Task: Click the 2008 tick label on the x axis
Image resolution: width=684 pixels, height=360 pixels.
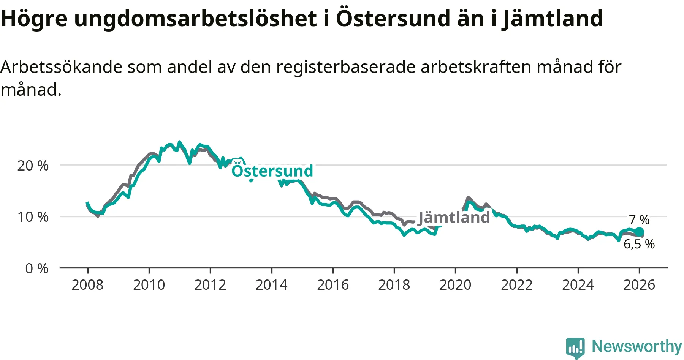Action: tap(87, 285)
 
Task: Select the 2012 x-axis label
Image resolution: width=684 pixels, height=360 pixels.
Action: tap(210, 285)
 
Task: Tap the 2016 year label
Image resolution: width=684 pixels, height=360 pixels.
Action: tap(333, 285)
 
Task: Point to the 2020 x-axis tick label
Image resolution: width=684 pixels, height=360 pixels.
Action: tap(455, 285)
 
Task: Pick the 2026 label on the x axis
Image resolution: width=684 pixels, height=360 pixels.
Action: tap(639, 285)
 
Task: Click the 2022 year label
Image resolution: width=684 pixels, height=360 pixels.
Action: tap(517, 285)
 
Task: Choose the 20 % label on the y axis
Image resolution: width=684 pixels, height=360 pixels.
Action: tap(33, 166)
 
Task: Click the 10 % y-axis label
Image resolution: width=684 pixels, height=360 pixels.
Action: tap(33, 217)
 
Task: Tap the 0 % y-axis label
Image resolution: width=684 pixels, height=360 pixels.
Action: tap(37, 268)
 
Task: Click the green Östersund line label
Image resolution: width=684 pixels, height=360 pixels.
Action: tap(272, 171)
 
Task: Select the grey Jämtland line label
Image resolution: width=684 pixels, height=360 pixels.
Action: tap(454, 218)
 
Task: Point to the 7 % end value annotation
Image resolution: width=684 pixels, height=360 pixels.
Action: tap(639, 220)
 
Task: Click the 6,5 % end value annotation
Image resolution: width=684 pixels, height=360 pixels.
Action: tap(639, 244)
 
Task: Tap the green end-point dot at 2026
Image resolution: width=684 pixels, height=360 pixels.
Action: tap(639, 232)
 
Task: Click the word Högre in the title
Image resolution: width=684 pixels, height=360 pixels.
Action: tap(34, 18)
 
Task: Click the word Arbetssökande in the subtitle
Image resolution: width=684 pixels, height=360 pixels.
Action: tap(61, 67)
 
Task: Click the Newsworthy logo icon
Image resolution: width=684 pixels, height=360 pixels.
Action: tap(575, 347)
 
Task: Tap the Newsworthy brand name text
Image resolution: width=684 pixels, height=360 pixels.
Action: tap(637, 346)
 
